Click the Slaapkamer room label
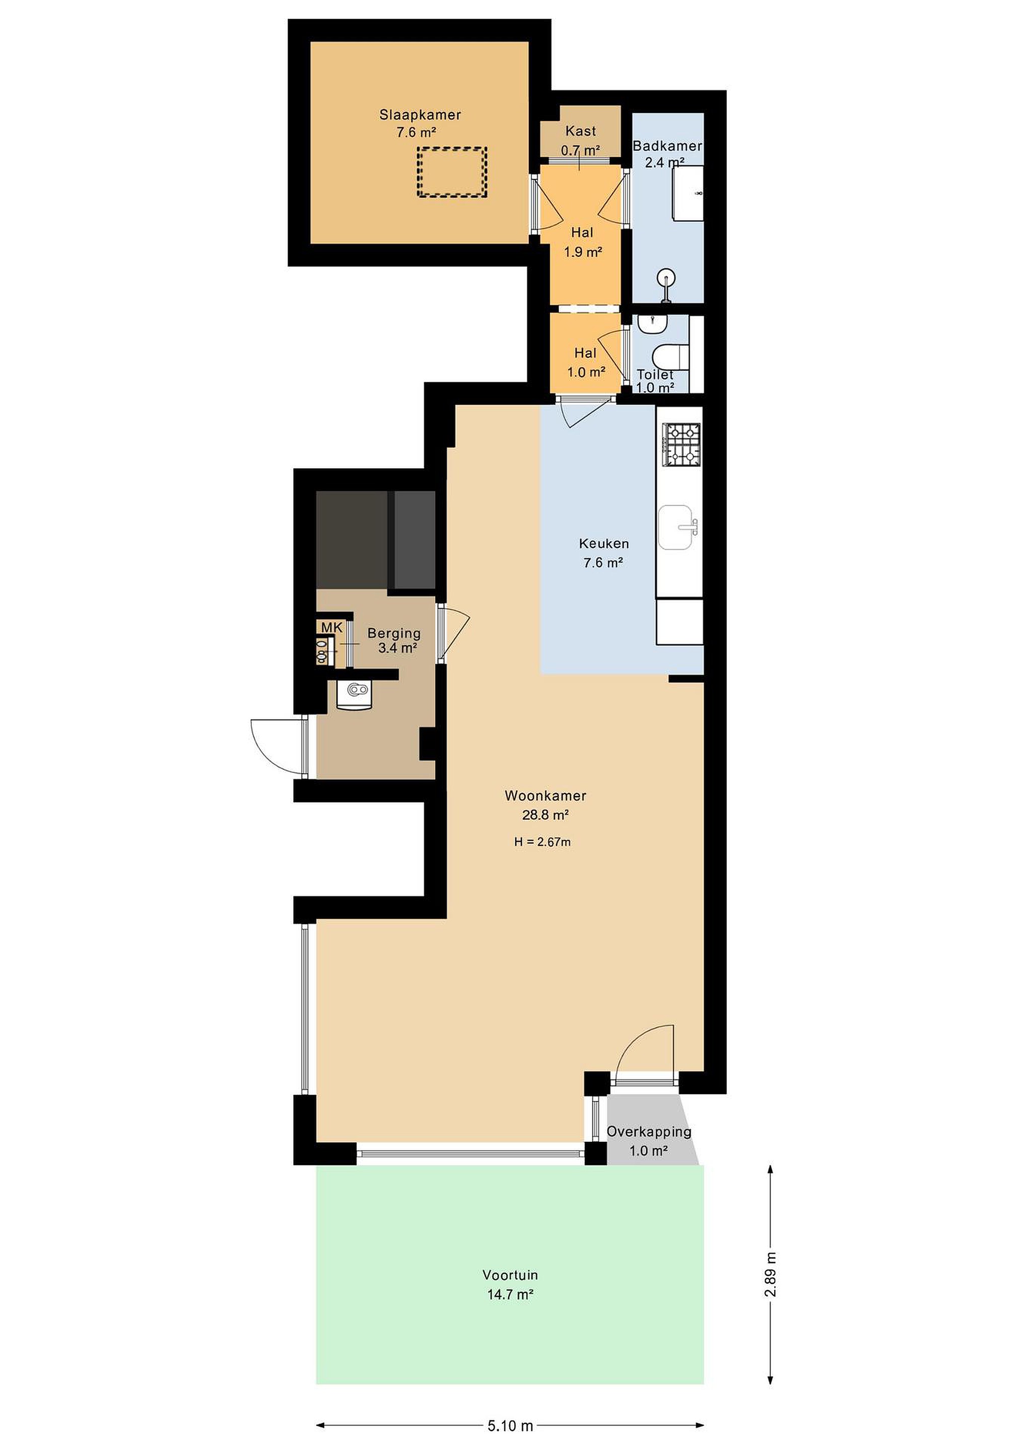[420, 115]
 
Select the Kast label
[581, 131]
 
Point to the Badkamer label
[667, 146]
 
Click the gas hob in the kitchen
[681, 444]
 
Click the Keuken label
[604, 544]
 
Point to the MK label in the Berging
[332, 628]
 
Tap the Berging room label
[394, 633]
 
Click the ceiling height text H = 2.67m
[542, 842]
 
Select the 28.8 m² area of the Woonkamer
[545, 815]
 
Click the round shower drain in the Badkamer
[666, 277]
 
